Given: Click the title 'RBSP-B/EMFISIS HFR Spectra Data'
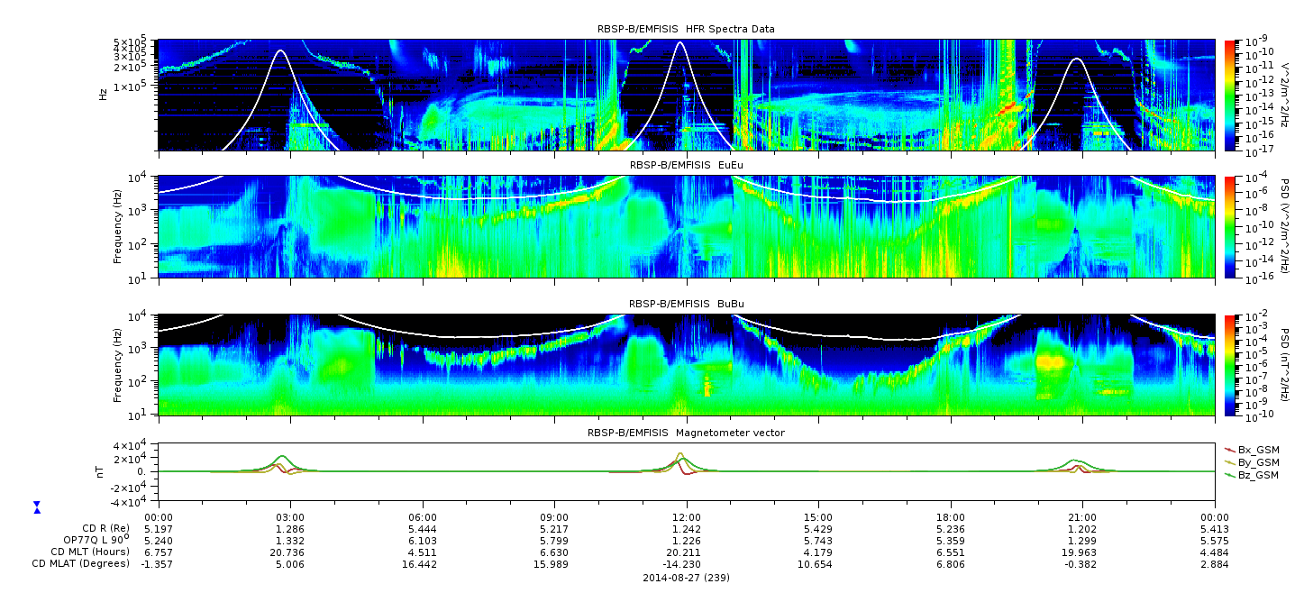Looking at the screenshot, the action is point(686,29).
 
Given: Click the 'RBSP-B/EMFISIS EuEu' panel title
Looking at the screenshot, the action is point(686,165).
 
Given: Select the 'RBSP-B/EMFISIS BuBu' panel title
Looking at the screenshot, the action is point(686,304).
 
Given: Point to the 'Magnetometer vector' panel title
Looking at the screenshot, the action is point(686,433).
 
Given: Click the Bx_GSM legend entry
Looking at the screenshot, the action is point(1252,450).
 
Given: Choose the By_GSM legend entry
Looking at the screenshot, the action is point(1252,462).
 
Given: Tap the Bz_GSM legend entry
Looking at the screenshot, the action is point(1252,476).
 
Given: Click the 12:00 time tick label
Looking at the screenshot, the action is point(687,517).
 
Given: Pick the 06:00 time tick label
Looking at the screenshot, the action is point(423,517).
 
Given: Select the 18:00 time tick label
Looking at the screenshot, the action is point(951,517).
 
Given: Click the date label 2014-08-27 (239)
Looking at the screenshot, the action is point(686,578).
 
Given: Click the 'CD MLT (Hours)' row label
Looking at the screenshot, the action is point(89,552).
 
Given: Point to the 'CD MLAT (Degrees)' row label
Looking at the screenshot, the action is point(80,563).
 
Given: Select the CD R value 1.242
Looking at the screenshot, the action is point(687,529).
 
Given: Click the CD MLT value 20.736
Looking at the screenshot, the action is point(289,552).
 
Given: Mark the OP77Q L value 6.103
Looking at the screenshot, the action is point(423,541).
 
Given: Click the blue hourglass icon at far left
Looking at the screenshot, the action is point(37,507).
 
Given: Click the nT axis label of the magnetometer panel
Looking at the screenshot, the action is point(99,471).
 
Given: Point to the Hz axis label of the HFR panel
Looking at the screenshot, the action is point(103,95).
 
